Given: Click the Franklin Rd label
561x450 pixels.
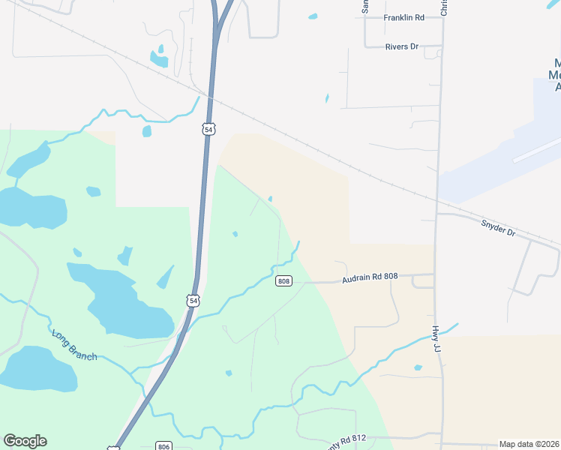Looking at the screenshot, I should point(403,17).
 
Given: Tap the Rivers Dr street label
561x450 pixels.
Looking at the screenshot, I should point(402,46).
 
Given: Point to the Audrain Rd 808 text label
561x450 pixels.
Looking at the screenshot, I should point(370,277).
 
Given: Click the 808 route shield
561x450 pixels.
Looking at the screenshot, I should point(283,281).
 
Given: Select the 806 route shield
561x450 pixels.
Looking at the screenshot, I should point(164,446).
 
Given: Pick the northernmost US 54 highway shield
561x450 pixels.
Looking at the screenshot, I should point(208,130).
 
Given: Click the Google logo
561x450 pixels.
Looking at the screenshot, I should point(25,441).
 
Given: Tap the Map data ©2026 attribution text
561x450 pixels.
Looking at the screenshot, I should point(529,444).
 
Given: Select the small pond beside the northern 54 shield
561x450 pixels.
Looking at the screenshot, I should point(147,131).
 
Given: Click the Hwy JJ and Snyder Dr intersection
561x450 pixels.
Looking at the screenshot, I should point(437,214).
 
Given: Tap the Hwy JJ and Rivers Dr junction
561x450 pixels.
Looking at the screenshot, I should point(440,47).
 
